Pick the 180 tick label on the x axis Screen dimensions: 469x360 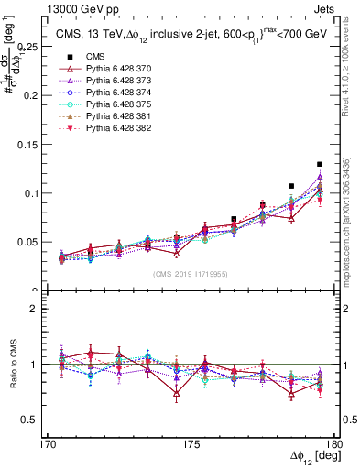click(x=339, y=444)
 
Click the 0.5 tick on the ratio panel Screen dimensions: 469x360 click(x=40, y=420)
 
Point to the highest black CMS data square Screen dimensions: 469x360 click(x=320, y=164)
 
